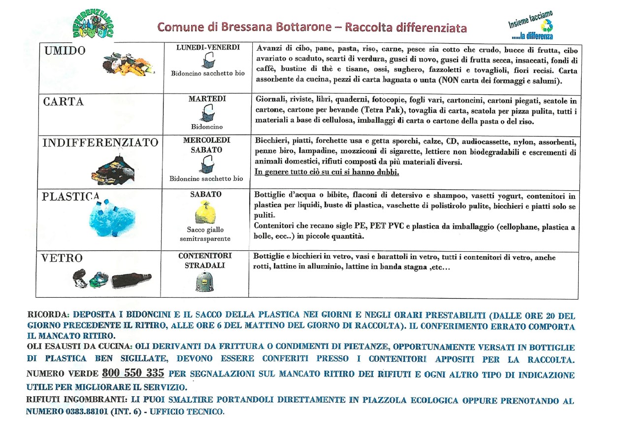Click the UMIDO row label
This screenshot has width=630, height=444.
65,51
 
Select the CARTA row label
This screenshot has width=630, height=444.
64,102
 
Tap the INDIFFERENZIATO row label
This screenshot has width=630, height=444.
100,143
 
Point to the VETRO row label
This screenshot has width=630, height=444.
63,258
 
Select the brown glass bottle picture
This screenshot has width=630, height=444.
131,280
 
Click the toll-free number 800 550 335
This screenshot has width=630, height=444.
133,373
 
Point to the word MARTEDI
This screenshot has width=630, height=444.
207,99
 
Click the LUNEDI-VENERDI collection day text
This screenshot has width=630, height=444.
208,48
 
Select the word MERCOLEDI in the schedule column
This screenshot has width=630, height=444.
207,140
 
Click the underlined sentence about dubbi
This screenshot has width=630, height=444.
327,172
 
